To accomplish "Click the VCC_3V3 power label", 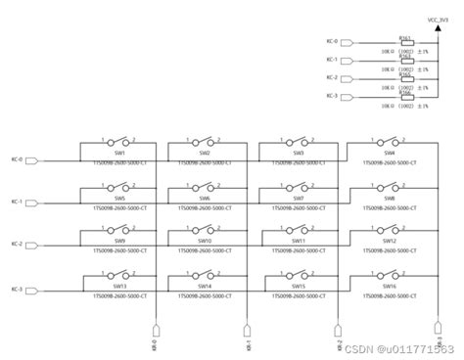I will click(439, 18).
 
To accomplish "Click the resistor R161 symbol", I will click(407, 43).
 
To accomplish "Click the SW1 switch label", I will click(119, 153).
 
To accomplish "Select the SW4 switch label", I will click(389, 153).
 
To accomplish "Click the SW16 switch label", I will click(389, 286).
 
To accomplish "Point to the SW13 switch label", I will click(119, 286).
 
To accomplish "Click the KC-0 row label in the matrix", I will click(17, 158).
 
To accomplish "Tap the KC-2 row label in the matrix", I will click(17, 245).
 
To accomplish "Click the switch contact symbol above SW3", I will click(298, 141).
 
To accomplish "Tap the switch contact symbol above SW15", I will click(298, 274).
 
